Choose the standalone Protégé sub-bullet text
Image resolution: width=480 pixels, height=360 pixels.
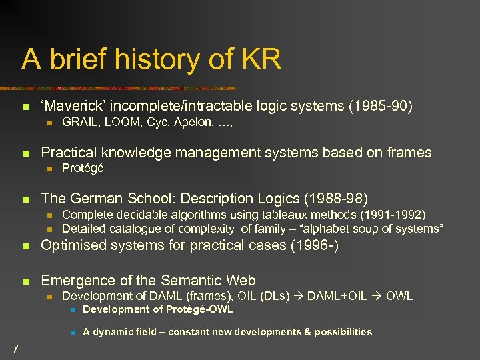(x=83, y=169)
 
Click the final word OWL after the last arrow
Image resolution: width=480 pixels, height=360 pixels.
(x=399, y=296)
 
